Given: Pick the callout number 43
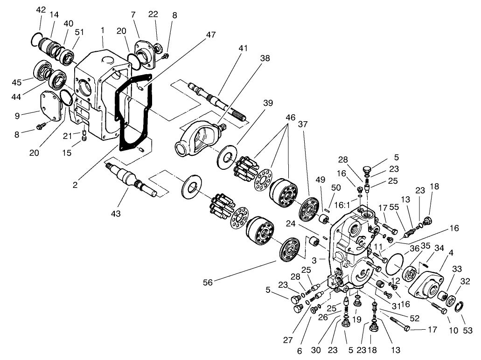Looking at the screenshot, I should [116, 213].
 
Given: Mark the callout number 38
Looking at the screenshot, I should [265, 59].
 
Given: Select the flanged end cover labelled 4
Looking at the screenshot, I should [427, 284].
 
